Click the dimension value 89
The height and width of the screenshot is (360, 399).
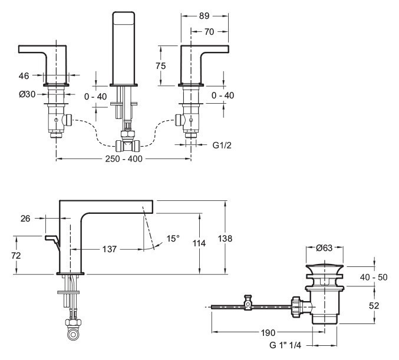[x=204, y=16]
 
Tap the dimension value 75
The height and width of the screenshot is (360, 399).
[x=161, y=65]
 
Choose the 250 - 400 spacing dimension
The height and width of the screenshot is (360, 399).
[x=123, y=158]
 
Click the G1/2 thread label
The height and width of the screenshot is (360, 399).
[x=220, y=143]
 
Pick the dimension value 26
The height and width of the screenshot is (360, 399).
[x=25, y=219]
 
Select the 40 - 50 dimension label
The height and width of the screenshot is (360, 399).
[x=374, y=276]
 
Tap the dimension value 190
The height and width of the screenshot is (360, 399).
[x=268, y=332]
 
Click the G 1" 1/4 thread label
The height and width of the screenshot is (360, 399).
[x=290, y=344]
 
